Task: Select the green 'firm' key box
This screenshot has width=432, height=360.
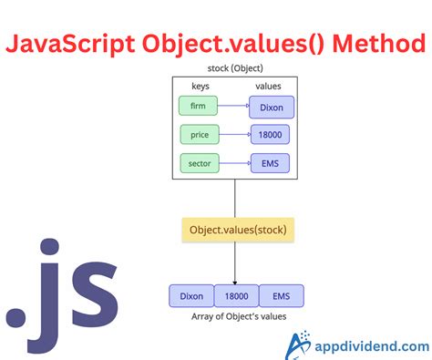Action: (198, 106)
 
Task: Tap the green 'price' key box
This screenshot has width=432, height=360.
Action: (200, 135)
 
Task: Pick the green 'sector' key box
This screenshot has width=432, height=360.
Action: (200, 164)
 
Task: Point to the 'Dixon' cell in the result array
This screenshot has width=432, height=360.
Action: (191, 295)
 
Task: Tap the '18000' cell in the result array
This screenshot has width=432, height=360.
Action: (236, 295)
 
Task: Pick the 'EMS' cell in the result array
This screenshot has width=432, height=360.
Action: (281, 295)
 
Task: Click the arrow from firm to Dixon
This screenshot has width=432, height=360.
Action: (233, 106)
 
